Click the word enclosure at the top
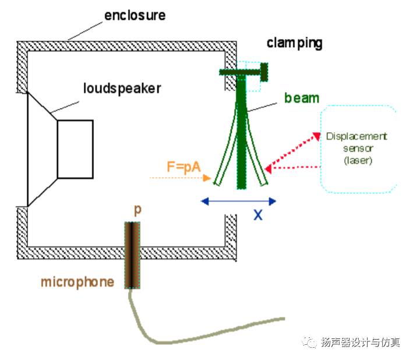click(x=135, y=14)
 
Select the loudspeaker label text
click(x=122, y=89)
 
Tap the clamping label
click(x=294, y=43)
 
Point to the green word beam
click(x=302, y=98)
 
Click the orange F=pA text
click(x=184, y=167)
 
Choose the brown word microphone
click(x=77, y=283)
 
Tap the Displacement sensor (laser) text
click(x=356, y=148)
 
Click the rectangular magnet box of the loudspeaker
click(x=75, y=149)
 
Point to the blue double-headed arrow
click(x=238, y=202)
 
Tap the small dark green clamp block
click(x=263, y=72)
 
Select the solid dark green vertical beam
click(x=241, y=134)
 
